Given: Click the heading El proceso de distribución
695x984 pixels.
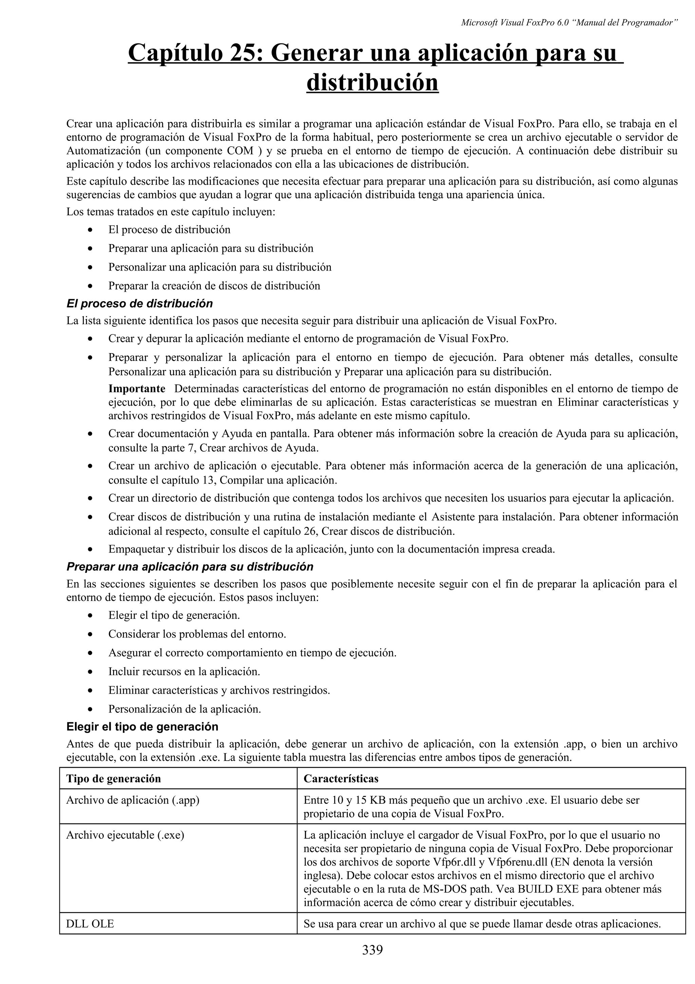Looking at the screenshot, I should pos(139,304).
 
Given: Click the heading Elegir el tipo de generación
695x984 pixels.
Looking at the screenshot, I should pos(142,726).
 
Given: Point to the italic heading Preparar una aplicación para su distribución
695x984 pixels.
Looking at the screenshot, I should pos(190,567).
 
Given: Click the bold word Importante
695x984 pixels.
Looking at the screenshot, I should pos(137,389).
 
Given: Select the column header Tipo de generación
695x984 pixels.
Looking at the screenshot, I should pos(113,779).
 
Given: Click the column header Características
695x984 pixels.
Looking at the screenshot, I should pos(340,779).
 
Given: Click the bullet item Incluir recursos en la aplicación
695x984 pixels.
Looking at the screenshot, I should pos(184,672).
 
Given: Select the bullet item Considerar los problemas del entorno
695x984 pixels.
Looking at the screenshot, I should pos(197,634).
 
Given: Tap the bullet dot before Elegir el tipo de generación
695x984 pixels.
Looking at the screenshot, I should pos(90,616).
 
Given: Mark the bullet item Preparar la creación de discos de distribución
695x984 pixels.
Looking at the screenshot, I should pos(214,286).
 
